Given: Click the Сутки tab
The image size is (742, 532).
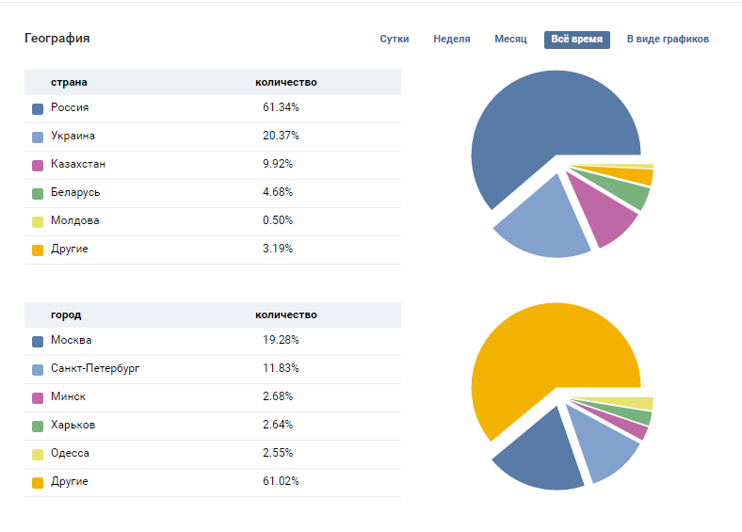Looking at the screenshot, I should pos(395,40).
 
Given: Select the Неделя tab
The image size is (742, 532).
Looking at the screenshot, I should pos(452,40).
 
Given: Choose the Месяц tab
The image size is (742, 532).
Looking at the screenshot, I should pos(510,40).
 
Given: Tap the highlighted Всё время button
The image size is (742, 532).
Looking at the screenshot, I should pos(576,40).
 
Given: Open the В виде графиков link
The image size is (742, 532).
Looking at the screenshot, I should pos(668,40).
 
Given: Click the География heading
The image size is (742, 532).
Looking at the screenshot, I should pos(57,39).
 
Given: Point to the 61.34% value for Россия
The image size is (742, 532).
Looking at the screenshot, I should pos(282,107).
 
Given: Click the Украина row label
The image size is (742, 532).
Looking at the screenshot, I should pos(73,136).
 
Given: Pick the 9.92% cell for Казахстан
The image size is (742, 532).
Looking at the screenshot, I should pos(278,164).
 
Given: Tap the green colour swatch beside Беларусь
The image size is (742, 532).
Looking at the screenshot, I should pos(38,193).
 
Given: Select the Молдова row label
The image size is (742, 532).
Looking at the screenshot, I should pos(74,220).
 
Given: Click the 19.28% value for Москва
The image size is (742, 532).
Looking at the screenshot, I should pos(282,340).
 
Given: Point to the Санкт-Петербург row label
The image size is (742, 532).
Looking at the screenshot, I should pos(95,368).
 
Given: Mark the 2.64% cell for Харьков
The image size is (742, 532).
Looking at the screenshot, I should pos(278,425).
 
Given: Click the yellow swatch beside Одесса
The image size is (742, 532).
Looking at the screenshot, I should pos(38,454).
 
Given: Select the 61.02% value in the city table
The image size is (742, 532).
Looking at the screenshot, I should pos(282,481).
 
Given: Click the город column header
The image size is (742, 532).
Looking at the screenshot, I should pos(66,314).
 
